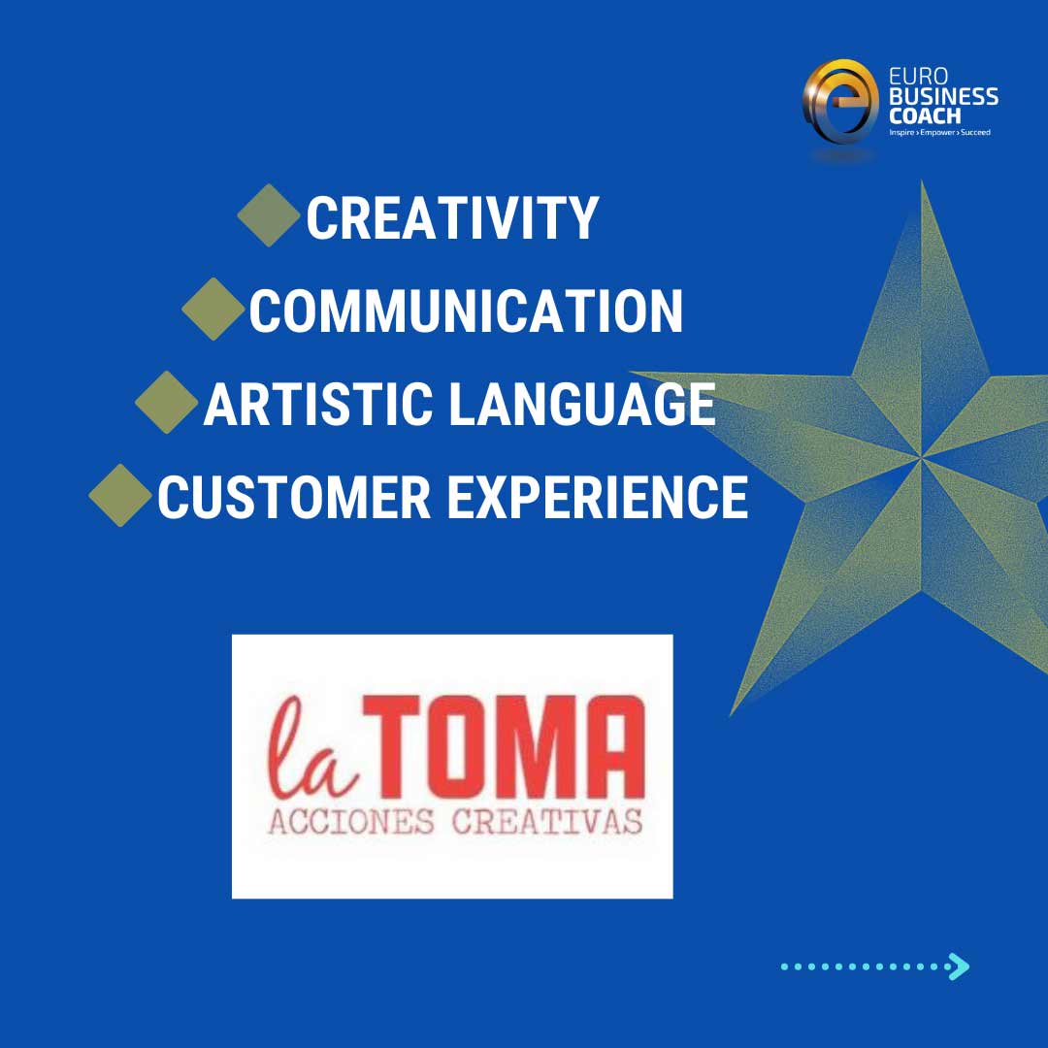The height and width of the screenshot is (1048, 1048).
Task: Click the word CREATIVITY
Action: coord(452,218)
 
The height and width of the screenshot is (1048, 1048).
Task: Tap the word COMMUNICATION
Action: coord(466,311)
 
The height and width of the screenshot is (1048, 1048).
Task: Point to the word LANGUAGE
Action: coord(582,404)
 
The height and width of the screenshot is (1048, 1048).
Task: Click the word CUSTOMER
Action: coord(294,497)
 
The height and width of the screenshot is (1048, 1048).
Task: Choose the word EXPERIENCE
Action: coord(598,497)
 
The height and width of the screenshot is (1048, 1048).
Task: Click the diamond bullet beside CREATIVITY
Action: coord(269,215)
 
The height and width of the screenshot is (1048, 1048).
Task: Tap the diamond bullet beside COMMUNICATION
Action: coord(213,309)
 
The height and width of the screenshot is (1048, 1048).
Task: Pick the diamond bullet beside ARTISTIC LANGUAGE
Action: coord(167,403)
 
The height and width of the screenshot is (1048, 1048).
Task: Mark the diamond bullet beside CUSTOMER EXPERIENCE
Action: coord(120,495)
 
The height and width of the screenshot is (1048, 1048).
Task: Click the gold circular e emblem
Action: coord(840,102)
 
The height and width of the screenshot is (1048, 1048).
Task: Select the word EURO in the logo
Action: coord(918,78)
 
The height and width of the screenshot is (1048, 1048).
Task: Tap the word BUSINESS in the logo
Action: coord(944,96)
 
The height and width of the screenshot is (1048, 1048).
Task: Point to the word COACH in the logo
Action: coord(925,115)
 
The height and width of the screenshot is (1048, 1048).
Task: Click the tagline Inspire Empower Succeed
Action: coord(939,132)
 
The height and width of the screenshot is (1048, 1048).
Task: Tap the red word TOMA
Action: coord(505,746)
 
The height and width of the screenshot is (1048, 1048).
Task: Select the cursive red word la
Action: coord(311,747)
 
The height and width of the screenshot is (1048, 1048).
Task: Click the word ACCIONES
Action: coord(351,822)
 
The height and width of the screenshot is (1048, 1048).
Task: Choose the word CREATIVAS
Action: coord(547,822)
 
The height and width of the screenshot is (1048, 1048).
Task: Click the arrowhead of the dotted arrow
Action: coord(960,966)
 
